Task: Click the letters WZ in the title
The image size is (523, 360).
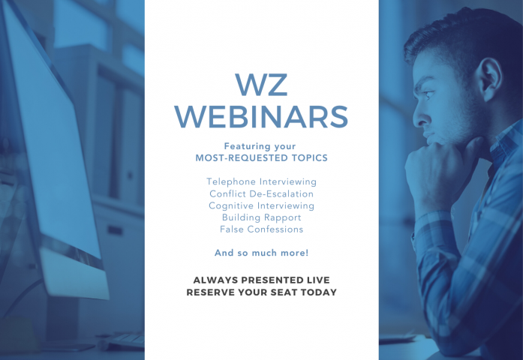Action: (x=261, y=85)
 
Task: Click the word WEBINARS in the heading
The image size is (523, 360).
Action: (x=261, y=117)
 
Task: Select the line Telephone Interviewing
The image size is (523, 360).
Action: (x=261, y=181)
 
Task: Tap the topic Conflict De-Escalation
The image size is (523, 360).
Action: (x=261, y=193)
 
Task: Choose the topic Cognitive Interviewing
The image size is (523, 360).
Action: (x=261, y=205)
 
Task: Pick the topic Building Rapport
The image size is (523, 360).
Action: (x=261, y=217)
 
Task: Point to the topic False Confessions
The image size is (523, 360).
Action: (x=261, y=229)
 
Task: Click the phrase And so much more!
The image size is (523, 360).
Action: (x=261, y=253)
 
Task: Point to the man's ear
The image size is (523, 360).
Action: (x=490, y=79)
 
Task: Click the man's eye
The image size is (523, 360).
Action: (x=428, y=94)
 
